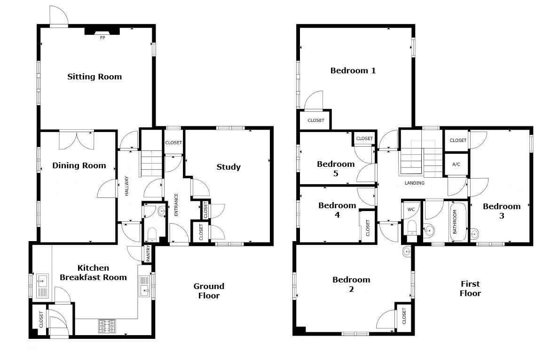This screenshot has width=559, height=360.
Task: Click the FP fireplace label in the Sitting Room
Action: coord(102,38)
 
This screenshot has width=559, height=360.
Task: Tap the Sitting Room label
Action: coord(94,77)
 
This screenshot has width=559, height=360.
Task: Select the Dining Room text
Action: coord(79,165)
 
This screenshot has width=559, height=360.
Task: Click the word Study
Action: coord(228,167)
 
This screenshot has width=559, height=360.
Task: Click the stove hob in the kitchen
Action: coord(107,326)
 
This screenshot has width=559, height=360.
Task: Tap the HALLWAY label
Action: coord(127,186)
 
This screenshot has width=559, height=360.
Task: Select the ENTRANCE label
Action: coord(176,204)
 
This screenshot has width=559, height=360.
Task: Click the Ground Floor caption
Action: coord(209,291)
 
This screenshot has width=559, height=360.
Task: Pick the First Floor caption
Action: coord(470,289)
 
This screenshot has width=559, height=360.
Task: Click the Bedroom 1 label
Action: coord(353,71)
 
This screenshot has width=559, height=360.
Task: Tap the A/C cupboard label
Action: coord(456,164)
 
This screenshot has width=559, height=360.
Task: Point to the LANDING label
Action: coord(414,183)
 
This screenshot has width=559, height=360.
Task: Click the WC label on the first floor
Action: coord(411,210)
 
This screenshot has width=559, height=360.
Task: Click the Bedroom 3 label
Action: coord(502,211)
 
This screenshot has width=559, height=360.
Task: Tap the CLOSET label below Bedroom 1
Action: coord(316,120)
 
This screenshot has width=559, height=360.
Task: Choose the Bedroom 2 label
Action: coord(351,284)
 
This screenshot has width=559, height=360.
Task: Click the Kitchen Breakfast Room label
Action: coord(93,273)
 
